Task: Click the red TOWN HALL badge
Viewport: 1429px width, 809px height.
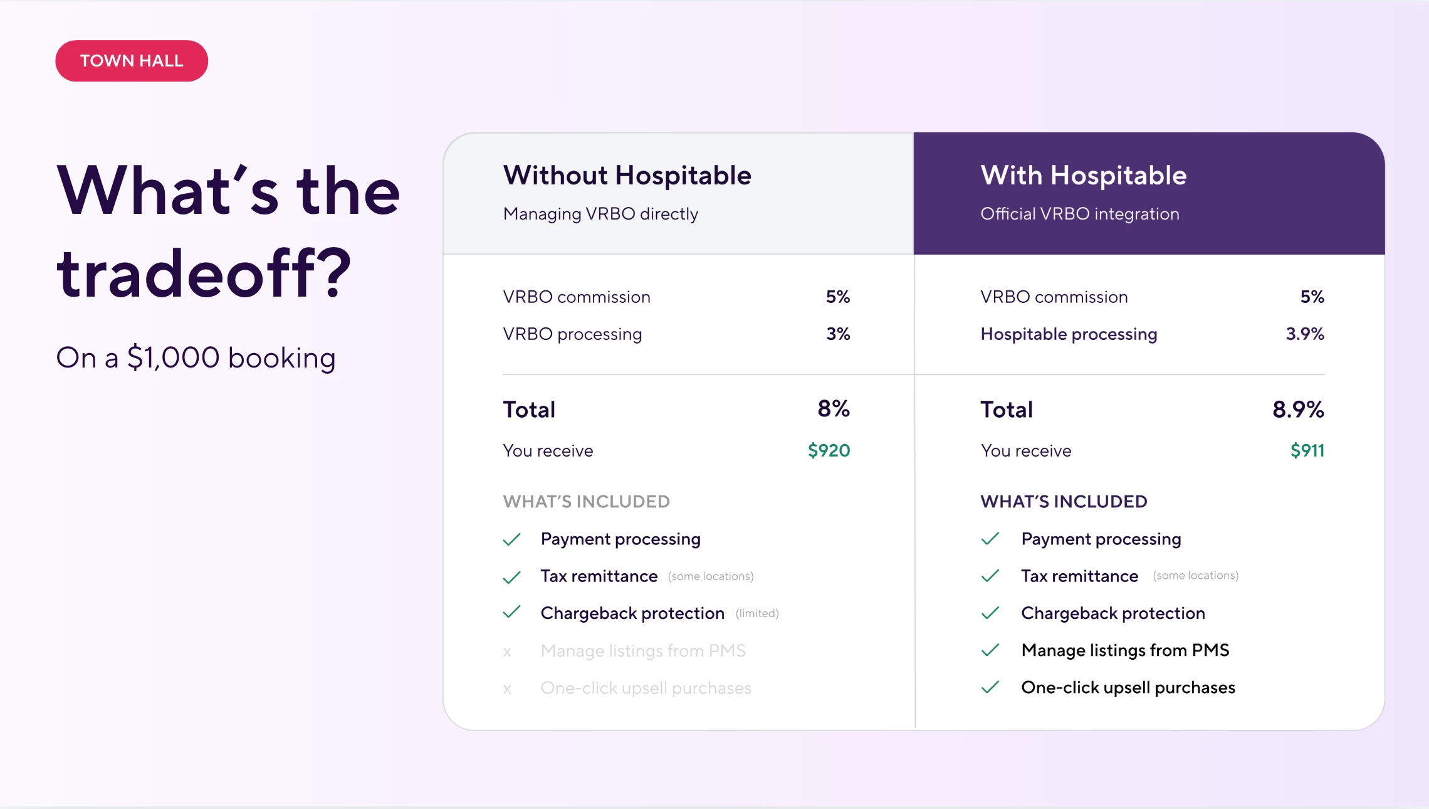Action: coord(132,61)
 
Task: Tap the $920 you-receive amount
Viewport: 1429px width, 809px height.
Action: coord(829,450)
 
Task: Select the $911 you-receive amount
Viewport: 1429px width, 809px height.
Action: coord(1307,450)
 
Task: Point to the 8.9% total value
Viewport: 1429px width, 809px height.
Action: coord(1297,410)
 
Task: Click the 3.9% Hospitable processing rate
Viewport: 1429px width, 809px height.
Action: coord(1304,334)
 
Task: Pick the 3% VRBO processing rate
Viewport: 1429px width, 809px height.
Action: coord(837,334)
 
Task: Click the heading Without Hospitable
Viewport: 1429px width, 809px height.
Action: coord(627,176)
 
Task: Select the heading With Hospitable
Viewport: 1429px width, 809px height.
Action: coord(1083,176)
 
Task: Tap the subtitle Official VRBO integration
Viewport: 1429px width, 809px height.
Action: coord(1079,214)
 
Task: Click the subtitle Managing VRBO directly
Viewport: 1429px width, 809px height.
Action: coord(600,214)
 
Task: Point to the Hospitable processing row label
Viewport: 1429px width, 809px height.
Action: coord(1069,334)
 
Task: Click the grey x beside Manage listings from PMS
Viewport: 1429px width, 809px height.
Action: coord(507,652)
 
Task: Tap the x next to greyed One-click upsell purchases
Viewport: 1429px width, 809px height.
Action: coord(507,689)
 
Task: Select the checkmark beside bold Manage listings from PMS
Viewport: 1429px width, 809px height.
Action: coord(990,650)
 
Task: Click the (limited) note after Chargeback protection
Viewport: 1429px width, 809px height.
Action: coord(757,613)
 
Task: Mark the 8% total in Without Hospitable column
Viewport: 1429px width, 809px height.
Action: coord(833,409)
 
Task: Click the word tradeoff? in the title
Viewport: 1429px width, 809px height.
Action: coord(204,273)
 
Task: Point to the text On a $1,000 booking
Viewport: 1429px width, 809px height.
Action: coord(196,358)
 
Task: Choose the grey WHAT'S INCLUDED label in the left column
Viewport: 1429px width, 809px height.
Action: coord(586,502)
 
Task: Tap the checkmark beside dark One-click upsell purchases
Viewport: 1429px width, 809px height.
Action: coord(990,687)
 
